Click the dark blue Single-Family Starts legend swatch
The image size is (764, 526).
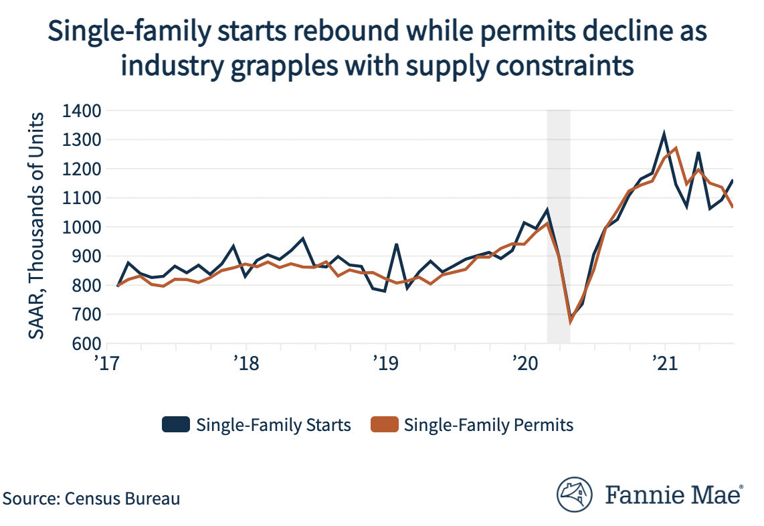click(175, 425)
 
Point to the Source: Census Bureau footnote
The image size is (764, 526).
click(92, 499)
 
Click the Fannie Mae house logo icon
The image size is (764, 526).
click(576, 495)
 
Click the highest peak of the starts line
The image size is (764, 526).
click(664, 134)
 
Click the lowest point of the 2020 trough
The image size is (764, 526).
click(571, 321)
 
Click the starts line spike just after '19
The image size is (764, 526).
click(397, 244)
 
